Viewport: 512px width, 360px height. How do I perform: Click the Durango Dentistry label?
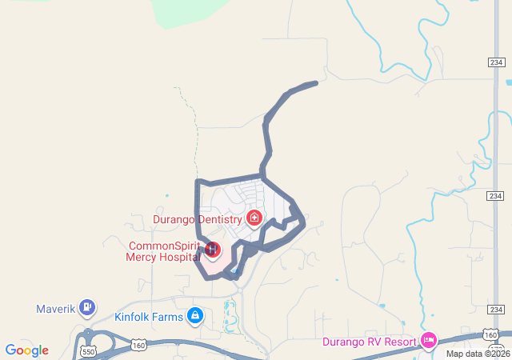197,218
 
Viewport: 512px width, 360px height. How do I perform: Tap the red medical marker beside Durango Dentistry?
254,217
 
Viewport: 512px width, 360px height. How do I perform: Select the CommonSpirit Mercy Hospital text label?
162,251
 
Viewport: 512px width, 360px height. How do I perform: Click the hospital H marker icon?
213,250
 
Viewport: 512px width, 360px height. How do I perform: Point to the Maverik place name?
55,308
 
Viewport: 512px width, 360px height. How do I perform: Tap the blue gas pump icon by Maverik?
87,306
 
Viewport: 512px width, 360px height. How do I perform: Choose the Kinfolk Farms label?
149,317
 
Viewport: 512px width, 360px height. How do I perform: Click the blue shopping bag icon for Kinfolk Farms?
194,316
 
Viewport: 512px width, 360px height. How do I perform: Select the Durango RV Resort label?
370,342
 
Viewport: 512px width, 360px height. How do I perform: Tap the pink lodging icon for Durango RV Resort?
429,341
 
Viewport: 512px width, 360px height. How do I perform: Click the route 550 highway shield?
88,350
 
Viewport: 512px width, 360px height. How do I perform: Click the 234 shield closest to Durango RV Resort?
496,310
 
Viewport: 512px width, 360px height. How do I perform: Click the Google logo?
26,350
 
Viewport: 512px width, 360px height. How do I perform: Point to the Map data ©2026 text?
477,354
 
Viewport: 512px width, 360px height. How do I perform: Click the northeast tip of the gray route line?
316,82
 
